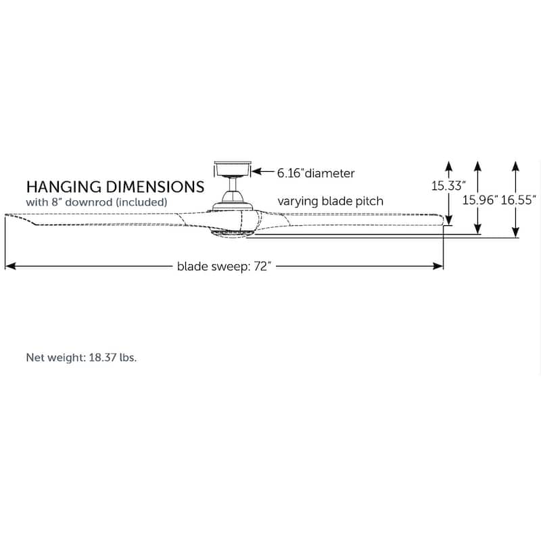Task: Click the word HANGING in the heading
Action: tap(64, 187)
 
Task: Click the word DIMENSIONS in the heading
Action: tap(156, 187)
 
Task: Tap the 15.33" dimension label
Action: tap(448, 186)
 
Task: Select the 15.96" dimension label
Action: tap(480, 200)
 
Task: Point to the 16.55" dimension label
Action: tap(518, 200)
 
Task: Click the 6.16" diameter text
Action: tap(316, 173)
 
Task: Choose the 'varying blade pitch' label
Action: tap(331, 201)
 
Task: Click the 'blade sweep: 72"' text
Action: tap(225, 266)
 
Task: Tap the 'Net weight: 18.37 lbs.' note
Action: tap(81, 358)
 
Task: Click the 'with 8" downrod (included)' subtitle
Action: tap(97, 202)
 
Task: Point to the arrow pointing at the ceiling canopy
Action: tap(263, 172)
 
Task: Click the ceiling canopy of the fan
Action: tap(233, 169)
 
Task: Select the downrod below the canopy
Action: tap(233, 185)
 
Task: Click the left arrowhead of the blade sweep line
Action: tap(10, 266)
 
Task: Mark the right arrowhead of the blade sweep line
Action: tap(438, 266)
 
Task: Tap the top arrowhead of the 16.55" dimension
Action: tap(515, 166)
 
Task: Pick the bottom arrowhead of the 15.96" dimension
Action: tap(477, 229)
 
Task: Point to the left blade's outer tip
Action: tap(5, 215)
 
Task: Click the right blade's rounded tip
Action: tap(443, 220)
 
